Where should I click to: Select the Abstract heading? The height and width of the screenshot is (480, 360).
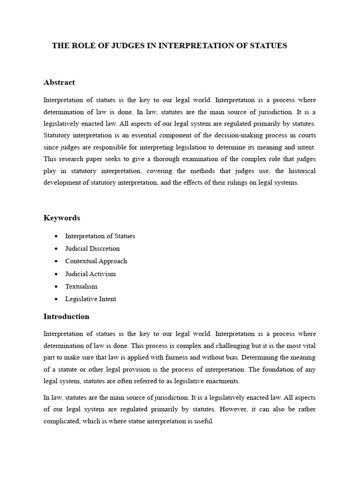tap(59, 82)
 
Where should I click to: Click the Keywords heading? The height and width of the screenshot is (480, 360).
tap(61, 218)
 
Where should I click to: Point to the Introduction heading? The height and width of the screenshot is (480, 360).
tap(66, 316)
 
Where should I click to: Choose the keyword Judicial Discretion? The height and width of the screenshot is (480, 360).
tap(92, 248)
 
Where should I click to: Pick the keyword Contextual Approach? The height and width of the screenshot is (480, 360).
tap(96, 261)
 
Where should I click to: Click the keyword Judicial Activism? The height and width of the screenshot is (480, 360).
tap(90, 274)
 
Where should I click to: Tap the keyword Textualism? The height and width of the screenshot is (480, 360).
tap(81, 286)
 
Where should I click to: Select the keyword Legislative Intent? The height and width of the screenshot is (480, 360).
tap(90, 299)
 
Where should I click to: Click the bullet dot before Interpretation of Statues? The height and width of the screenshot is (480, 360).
tap(56, 236)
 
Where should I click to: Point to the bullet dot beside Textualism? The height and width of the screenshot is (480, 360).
tap(56, 286)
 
